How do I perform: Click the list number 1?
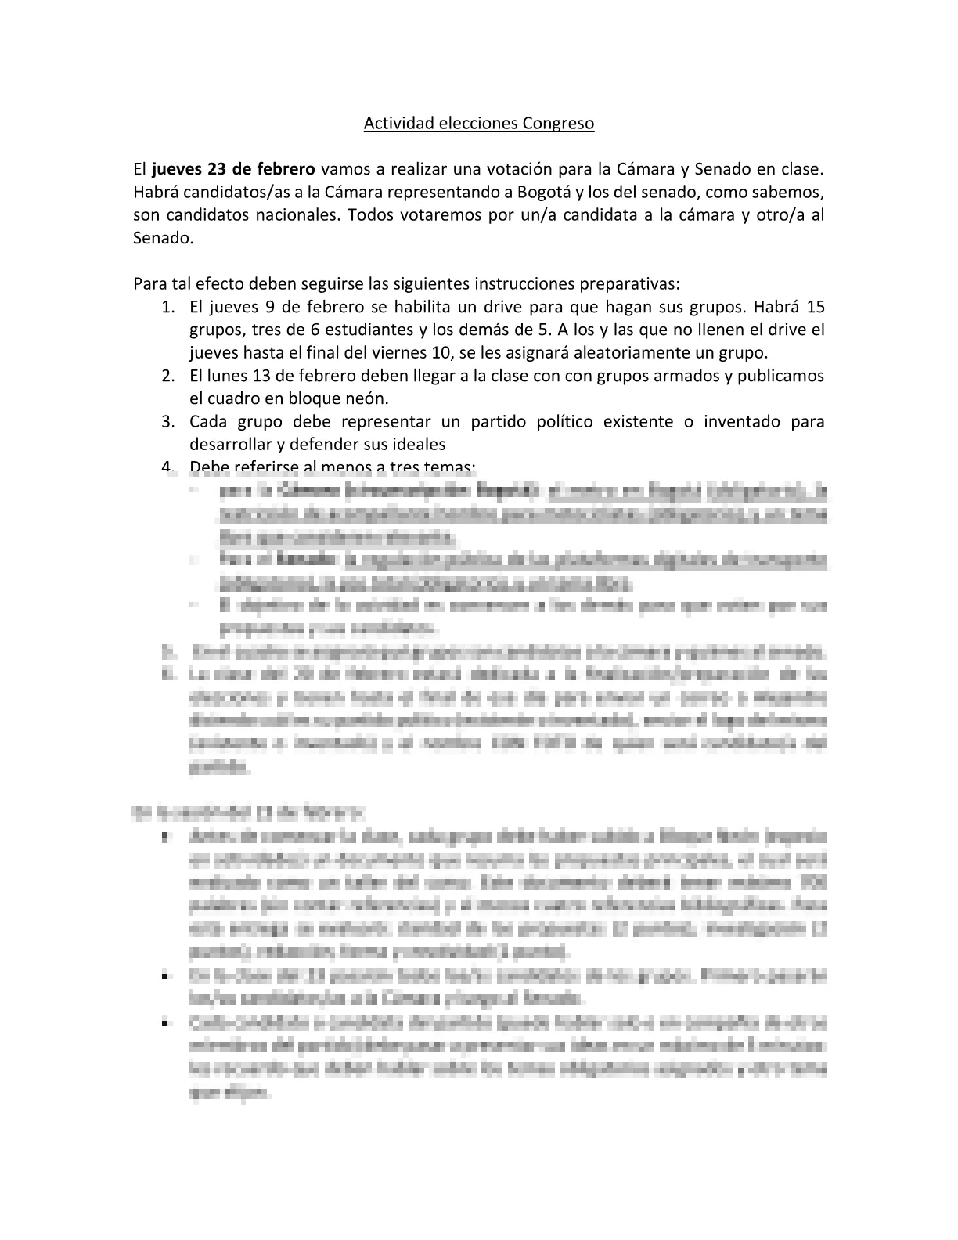pos(167,306)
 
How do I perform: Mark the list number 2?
pos(167,376)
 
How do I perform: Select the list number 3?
pos(167,422)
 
